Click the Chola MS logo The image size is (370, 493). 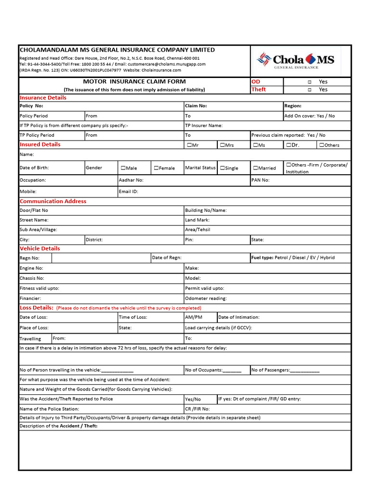[x=296, y=61]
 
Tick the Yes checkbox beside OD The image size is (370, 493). [x=309, y=82]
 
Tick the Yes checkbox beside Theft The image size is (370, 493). [x=309, y=90]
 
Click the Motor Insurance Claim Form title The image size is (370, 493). [x=134, y=81]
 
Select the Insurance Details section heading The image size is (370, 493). [x=43, y=98]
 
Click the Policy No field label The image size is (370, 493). [x=31, y=106]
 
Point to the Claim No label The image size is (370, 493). [x=196, y=106]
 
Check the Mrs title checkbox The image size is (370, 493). [x=223, y=145]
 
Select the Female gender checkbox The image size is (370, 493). [x=157, y=168]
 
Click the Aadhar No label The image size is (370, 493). [x=131, y=180]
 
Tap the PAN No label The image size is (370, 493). [x=261, y=180]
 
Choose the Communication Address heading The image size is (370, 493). [x=53, y=201]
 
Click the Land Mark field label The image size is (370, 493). [x=198, y=220]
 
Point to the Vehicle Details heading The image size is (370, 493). [x=40, y=248]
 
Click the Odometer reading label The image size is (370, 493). [x=206, y=298]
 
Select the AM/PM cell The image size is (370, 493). [x=194, y=317]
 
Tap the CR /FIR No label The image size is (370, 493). [x=198, y=409]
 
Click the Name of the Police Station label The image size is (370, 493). [x=49, y=409]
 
